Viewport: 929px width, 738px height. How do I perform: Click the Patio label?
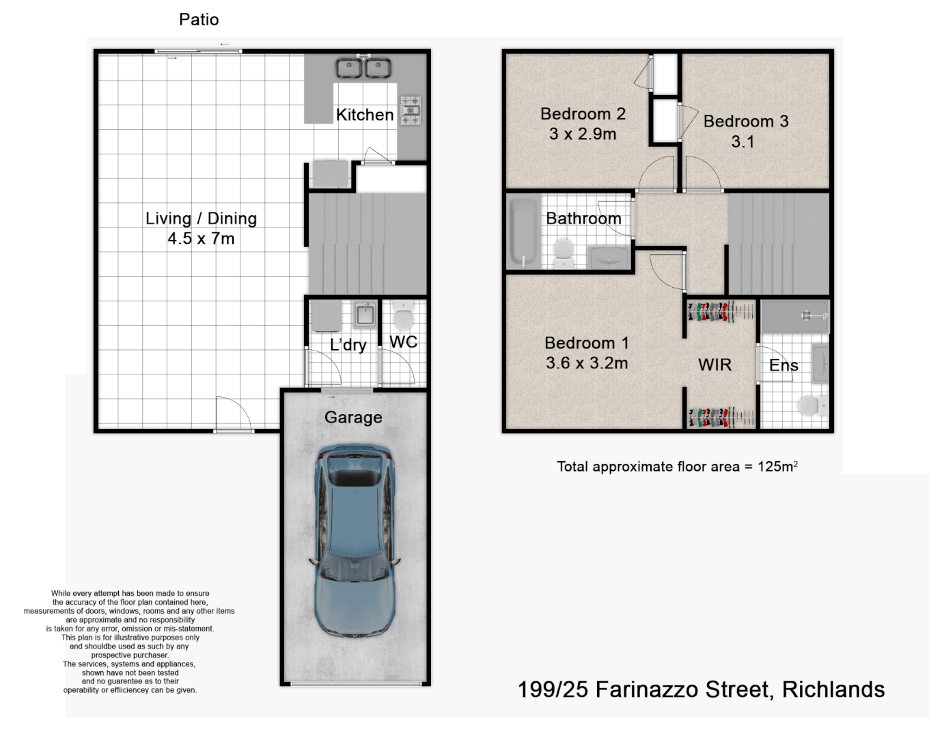(x=199, y=19)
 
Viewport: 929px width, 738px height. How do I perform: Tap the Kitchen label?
(x=365, y=115)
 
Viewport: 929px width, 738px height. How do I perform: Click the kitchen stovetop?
(x=411, y=111)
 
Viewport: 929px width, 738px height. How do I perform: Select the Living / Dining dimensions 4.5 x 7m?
(x=201, y=238)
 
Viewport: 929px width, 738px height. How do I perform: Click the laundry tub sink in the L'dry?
(x=364, y=316)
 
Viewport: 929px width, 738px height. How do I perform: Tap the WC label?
(x=403, y=342)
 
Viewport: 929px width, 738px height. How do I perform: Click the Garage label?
(x=353, y=417)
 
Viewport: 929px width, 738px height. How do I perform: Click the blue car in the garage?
(x=354, y=540)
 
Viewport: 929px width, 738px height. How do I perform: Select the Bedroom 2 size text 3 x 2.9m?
(x=583, y=134)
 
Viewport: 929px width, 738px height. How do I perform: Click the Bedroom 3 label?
(x=746, y=121)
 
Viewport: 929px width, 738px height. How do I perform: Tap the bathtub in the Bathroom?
(x=524, y=232)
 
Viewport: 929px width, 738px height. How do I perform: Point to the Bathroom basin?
(x=609, y=258)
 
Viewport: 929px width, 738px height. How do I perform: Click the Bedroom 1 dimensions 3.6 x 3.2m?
(x=587, y=363)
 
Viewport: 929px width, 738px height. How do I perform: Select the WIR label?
(x=715, y=365)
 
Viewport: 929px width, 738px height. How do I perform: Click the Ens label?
(x=784, y=366)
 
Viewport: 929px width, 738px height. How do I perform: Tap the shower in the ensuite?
(x=795, y=316)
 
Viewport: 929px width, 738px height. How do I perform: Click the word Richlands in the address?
(x=833, y=689)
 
